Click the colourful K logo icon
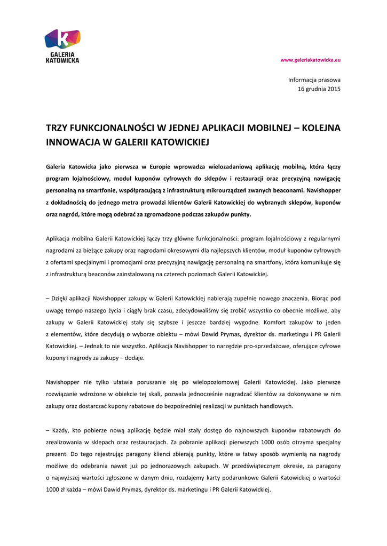tap(62, 39)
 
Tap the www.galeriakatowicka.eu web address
tap(311, 60)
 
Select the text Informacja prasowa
tap(314, 79)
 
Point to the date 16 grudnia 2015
tap(319, 89)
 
